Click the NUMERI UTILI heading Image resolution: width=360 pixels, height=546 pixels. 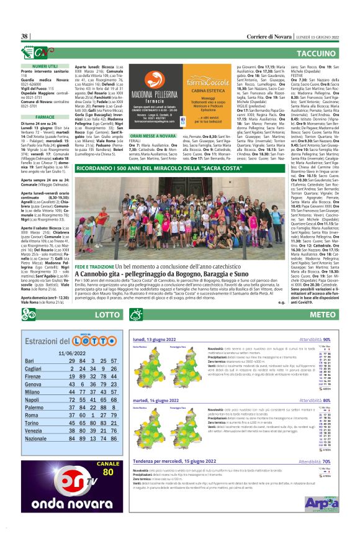click(x=45, y=65)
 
